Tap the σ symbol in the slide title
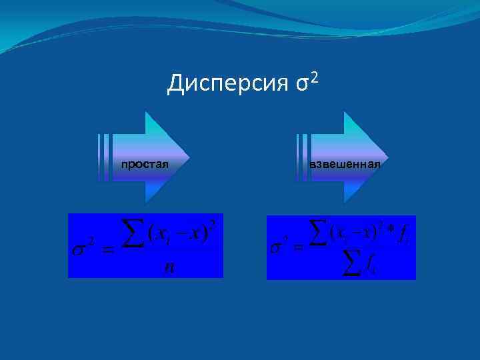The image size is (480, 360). pos(301,85)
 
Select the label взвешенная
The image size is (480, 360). pos(345,164)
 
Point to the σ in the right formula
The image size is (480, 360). pos(277,247)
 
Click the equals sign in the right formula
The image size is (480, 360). pos(299,249)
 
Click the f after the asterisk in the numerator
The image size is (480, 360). pos(405,235)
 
